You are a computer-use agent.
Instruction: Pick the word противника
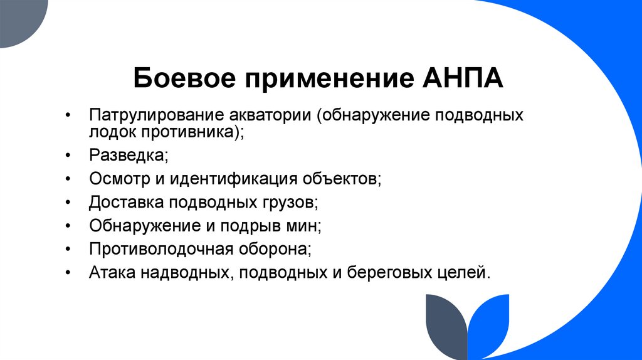[x=189, y=132]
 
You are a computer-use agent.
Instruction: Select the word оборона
[x=273, y=248]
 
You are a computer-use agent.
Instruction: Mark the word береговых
[x=386, y=272]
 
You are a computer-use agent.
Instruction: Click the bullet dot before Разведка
[x=68, y=155]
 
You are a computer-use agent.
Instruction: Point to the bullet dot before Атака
[x=68, y=272]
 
